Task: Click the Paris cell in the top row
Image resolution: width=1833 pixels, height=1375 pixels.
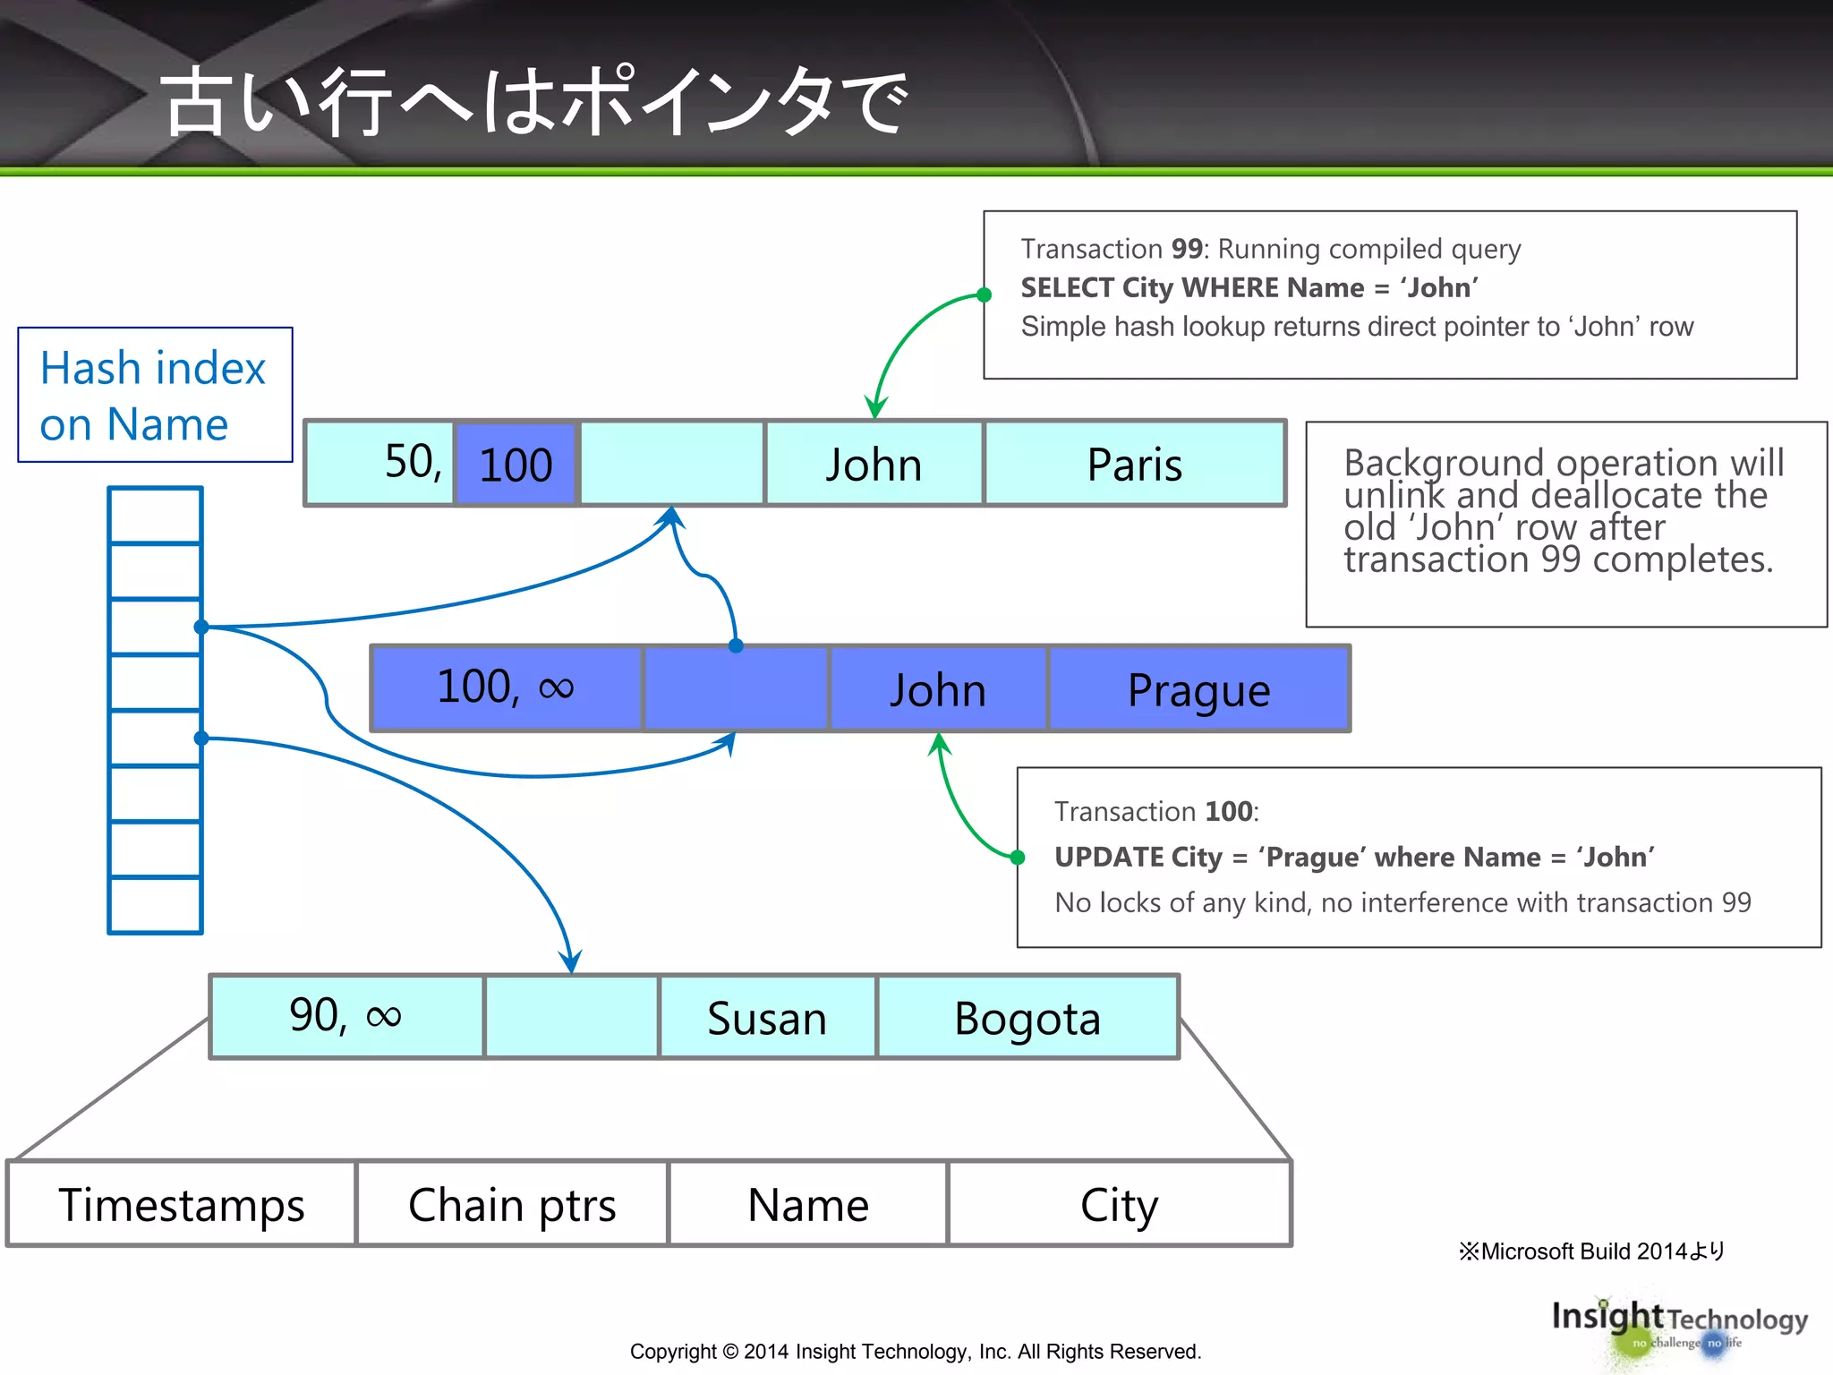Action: click(x=1134, y=464)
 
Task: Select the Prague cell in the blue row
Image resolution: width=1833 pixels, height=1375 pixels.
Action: click(x=1198, y=689)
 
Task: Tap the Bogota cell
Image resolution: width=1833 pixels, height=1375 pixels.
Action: click(x=1027, y=1018)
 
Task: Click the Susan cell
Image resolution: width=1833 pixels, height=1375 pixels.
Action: click(x=767, y=1018)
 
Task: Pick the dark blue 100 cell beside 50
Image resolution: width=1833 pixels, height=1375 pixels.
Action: click(x=516, y=464)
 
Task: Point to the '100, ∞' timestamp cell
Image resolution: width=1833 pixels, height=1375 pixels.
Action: click(x=506, y=687)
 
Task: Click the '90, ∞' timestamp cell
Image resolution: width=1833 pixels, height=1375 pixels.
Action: click(x=346, y=1016)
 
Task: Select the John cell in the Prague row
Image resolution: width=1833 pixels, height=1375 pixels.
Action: click(x=937, y=689)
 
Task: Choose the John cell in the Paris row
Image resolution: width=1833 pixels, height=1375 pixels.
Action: click(x=874, y=464)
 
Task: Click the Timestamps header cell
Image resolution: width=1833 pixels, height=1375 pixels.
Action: click(x=181, y=1204)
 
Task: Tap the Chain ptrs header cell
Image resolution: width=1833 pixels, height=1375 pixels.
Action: click(x=512, y=1204)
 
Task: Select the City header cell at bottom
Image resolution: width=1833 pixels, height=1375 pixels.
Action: click(x=1119, y=1204)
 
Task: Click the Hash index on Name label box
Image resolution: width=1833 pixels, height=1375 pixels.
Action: click(x=155, y=395)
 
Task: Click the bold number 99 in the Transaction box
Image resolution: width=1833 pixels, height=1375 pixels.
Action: click(x=1187, y=248)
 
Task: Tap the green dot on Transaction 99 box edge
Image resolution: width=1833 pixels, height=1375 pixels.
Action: click(x=984, y=295)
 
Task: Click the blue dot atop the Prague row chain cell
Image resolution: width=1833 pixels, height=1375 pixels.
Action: click(x=736, y=645)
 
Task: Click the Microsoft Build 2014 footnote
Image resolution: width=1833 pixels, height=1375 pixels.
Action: click(x=1591, y=1251)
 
